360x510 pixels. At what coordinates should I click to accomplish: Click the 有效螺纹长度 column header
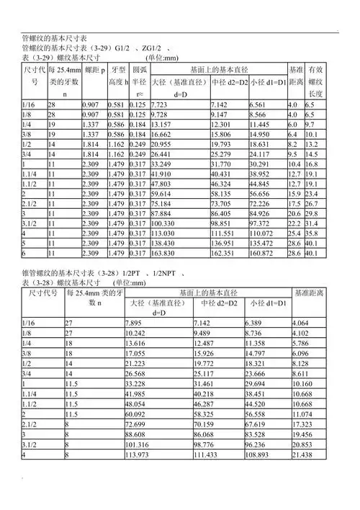coord(314,81)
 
